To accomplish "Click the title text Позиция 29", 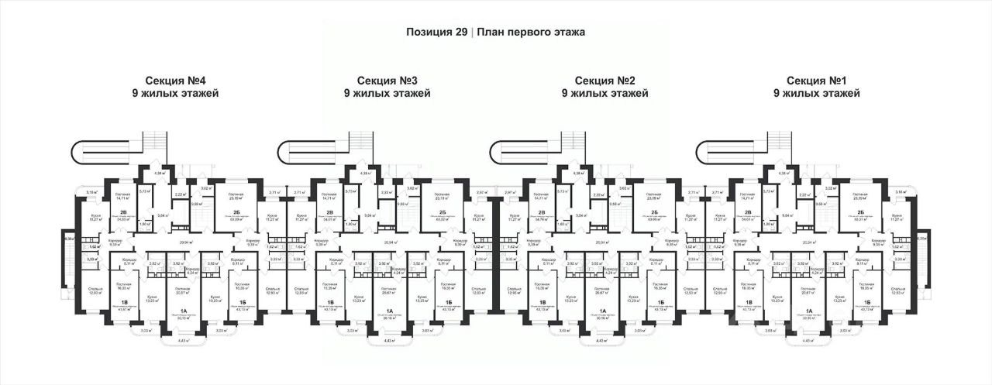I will point(436,33).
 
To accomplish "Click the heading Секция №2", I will point(605,80).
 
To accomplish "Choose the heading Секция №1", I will point(817,80).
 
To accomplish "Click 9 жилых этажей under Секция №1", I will point(817,94).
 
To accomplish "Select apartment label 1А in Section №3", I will point(388,311).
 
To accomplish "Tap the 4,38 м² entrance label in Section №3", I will point(353,174).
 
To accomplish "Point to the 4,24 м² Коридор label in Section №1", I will point(817,273).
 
